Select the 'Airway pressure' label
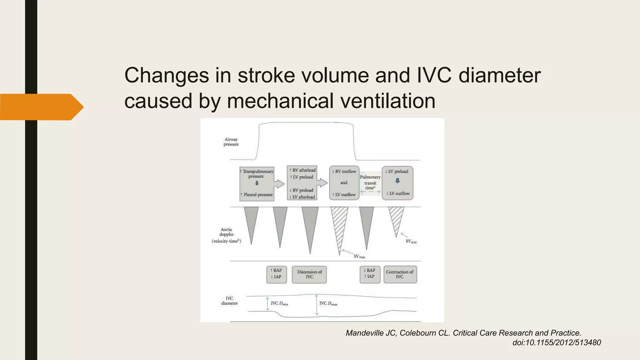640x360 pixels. tap(231, 142)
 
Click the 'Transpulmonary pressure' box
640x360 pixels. tap(257, 184)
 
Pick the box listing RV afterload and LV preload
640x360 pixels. tap(302, 183)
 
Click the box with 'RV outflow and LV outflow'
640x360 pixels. tap(344, 183)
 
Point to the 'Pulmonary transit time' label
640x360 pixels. tap(370, 182)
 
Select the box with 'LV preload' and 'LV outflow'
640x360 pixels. tap(397, 183)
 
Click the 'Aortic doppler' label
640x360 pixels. tap(227, 235)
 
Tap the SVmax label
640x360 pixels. tap(359, 257)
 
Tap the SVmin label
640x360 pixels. tap(411, 242)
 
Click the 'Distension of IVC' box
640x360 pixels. tap(309, 274)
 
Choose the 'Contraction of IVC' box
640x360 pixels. tap(400, 274)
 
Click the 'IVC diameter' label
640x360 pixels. tap(229, 301)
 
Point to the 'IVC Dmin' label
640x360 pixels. tap(279, 303)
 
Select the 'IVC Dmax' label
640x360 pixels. tap(328, 303)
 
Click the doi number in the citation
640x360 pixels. tap(557, 342)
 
